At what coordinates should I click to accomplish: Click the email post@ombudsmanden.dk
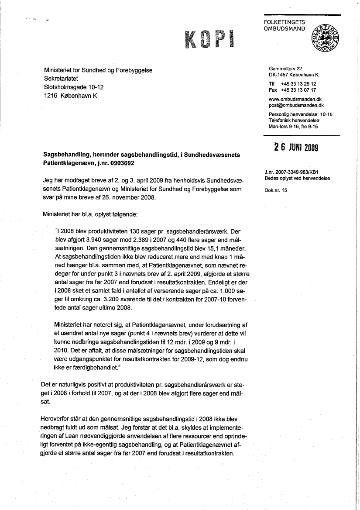296,105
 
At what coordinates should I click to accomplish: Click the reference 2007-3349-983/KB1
298,172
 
